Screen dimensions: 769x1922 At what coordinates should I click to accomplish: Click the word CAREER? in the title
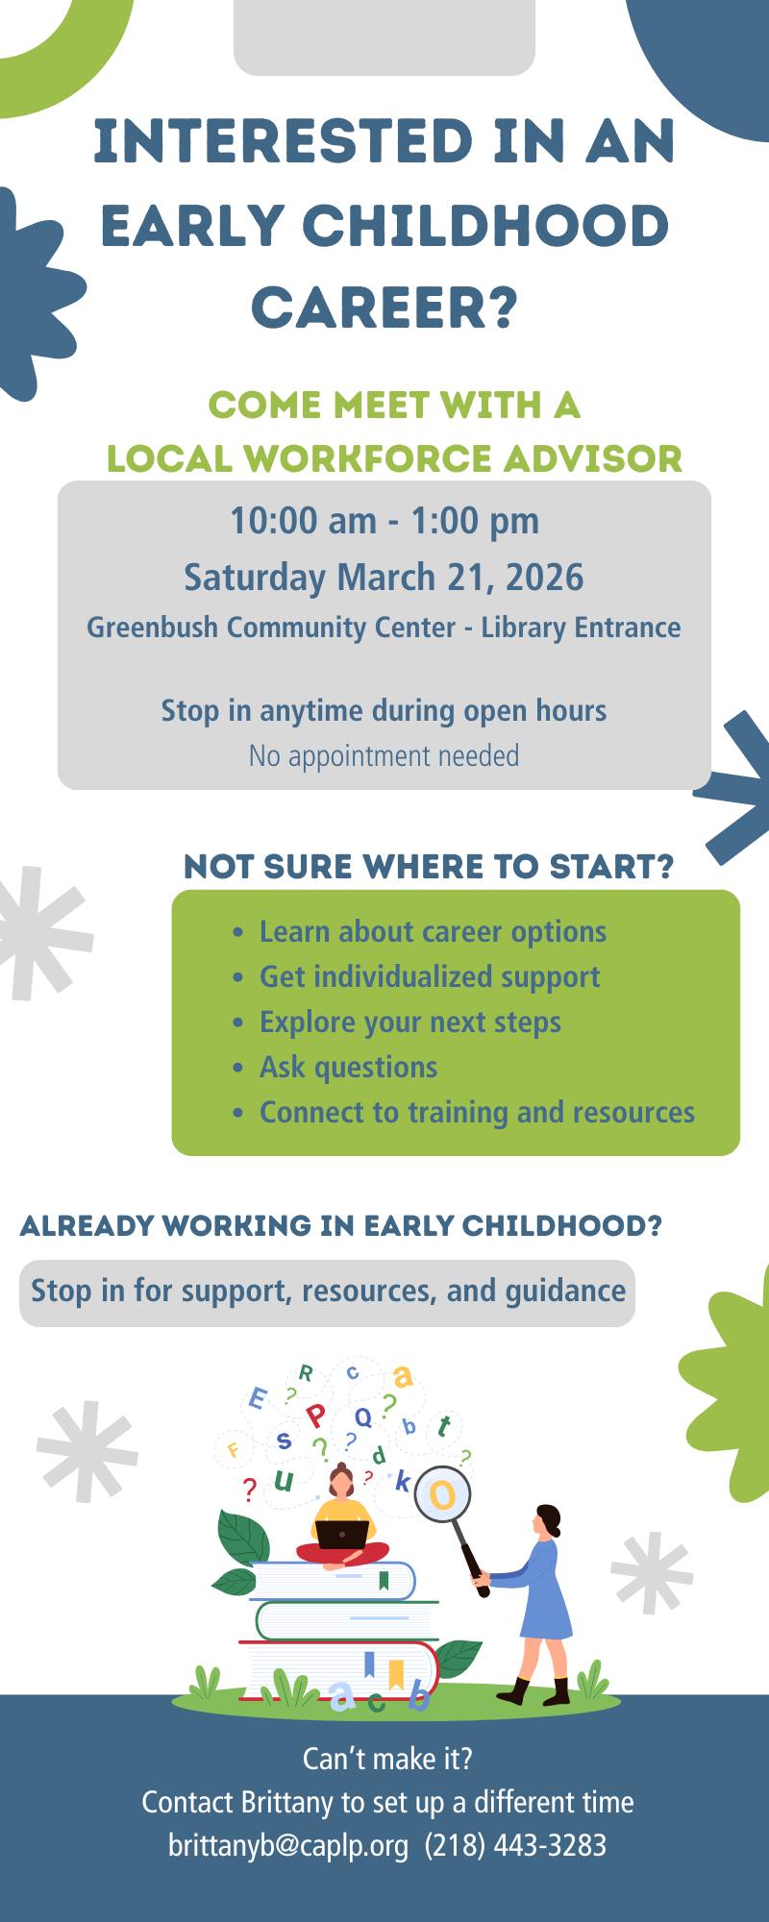[x=384, y=308]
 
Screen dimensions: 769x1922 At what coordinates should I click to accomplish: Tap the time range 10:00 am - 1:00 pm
[x=384, y=521]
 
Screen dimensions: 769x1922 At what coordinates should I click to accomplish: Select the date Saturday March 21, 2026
[x=384, y=578]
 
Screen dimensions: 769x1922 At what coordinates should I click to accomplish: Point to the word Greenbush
[x=152, y=628]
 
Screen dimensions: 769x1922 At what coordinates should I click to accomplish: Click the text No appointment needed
[x=384, y=756]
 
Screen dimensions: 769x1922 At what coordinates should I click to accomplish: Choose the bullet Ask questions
[x=348, y=1067]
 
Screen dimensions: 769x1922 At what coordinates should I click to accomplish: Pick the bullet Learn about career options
[x=433, y=931]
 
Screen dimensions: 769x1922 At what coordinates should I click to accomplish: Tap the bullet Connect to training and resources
[x=477, y=1112]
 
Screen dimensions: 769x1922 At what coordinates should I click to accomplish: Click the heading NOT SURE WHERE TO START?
[x=429, y=867]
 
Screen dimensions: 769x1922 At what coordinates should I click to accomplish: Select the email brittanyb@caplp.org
[x=288, y=1845]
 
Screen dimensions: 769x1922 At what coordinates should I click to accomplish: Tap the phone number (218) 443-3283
[x=515, y=1845]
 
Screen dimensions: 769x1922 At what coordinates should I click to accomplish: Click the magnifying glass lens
[x=442, y=1494]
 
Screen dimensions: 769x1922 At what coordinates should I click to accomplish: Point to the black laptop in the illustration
[x=342, y=1535]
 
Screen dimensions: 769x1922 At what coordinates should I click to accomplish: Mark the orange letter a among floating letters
[x=403, y=1376]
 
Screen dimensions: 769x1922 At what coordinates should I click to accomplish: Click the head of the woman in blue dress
[x=548, y=1520]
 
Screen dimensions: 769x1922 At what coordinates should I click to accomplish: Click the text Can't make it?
[x=387, y=1759]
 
